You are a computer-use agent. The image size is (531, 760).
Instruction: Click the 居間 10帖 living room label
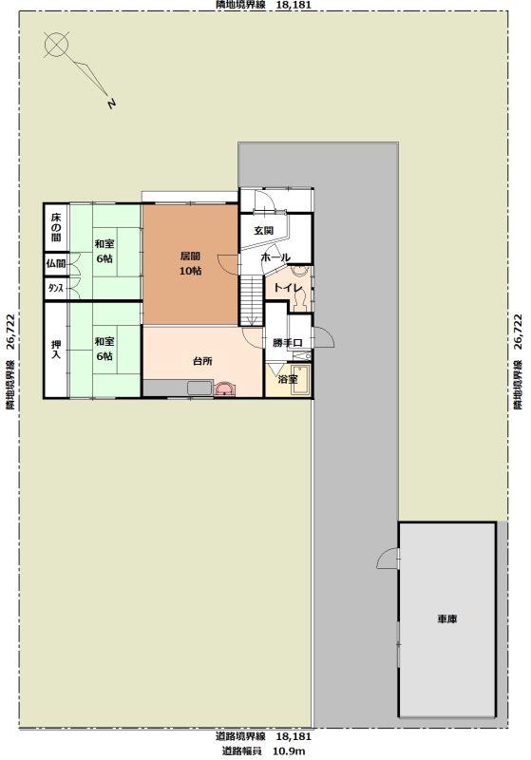coord(190,263)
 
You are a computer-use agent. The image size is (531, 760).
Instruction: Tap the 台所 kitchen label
coord(202,361)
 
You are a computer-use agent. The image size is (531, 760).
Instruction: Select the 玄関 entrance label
coord(263,231)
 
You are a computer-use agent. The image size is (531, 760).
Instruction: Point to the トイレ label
coord(288,288)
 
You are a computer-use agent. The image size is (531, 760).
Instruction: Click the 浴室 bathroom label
coord(288,379)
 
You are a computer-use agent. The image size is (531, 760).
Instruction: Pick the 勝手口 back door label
coord(287,343)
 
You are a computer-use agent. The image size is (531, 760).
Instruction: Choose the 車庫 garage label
coord(447,619)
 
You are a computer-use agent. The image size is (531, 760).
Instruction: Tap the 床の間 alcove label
coord(56,227)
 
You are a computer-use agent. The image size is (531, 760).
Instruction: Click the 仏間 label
coord(56,264)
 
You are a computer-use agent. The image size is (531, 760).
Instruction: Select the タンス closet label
coord(55,289)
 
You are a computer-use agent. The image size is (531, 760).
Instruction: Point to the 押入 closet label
coord(56,350)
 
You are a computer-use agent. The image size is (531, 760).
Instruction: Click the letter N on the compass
coord(112,104)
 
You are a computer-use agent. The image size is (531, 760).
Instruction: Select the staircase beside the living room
coord(252,300)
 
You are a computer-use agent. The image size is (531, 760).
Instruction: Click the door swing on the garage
coord(388,558)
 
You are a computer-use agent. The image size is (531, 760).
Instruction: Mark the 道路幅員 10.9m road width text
coord(263,751)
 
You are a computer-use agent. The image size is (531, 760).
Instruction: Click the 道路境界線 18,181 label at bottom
coord(263,737)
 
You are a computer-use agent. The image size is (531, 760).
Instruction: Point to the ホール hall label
coord(275,257)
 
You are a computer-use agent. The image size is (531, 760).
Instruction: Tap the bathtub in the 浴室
coord(300,380)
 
